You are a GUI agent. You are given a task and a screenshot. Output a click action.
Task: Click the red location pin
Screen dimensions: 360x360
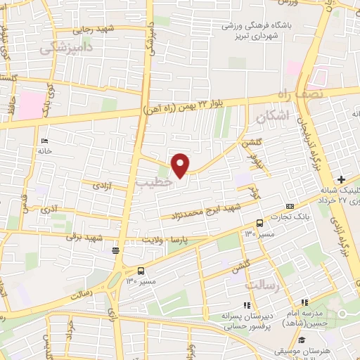coord(181,165)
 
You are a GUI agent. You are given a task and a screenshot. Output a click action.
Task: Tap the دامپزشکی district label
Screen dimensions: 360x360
coord(66,47)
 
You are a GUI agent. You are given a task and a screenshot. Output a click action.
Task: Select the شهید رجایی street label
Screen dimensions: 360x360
coord(94,30)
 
